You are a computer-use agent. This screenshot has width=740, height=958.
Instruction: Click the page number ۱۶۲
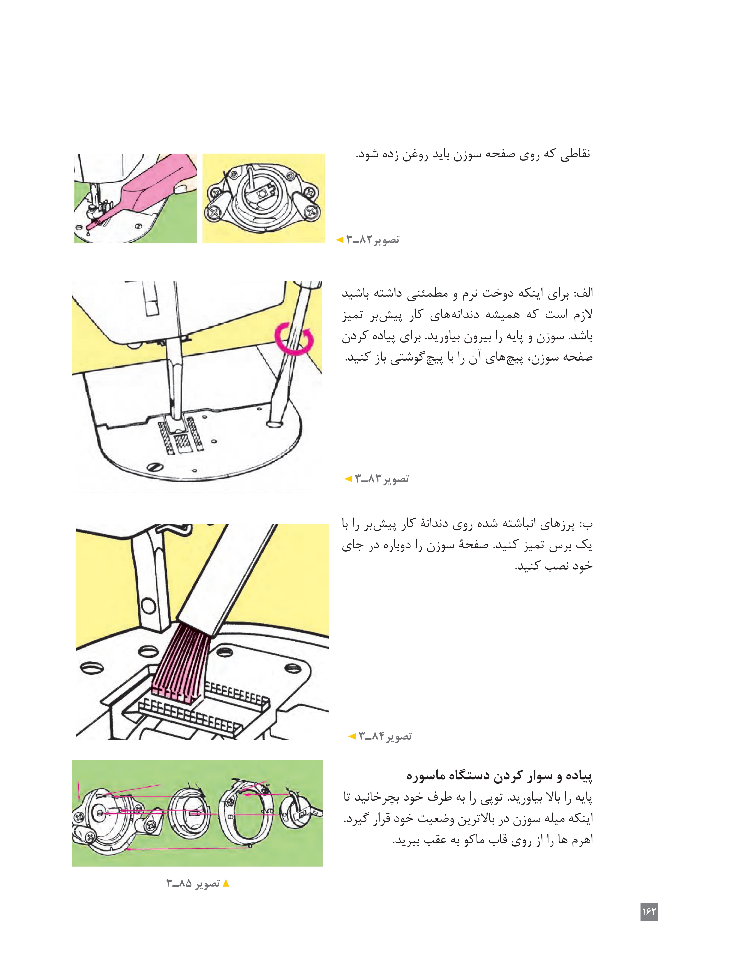pyautogui.click(x=649, y=912)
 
